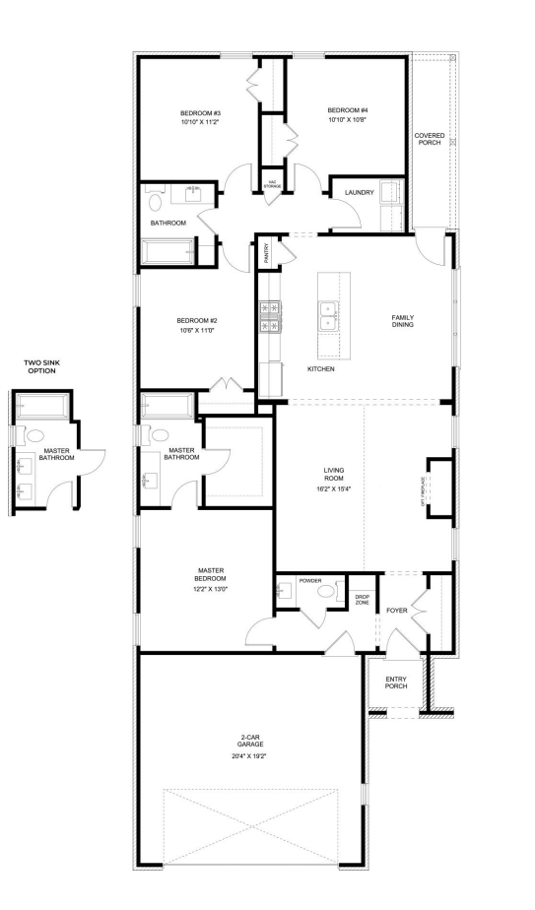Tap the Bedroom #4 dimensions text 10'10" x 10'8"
348,119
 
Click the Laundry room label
359,193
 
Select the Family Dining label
402,321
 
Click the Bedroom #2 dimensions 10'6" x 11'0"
195,331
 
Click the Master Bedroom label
211,573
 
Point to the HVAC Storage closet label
272,184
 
